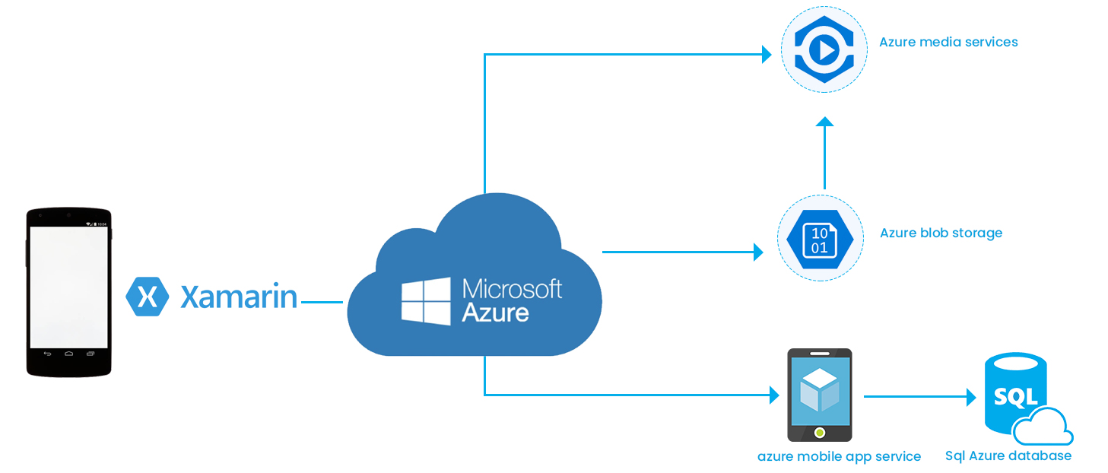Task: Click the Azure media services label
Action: pos(948,43)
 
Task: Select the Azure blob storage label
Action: pos(941,233)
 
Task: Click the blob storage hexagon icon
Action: pos(820,239)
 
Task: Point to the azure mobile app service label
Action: pos(839,457)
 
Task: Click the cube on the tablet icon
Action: pos(819,391)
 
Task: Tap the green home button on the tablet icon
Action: pos(819,433)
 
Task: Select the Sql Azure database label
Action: pos(1008,456)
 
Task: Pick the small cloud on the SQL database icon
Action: pos(1043,428)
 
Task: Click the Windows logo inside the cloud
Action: pos(427,302)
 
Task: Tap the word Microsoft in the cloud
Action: pos(512,290)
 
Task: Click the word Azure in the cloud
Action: pos(495,313)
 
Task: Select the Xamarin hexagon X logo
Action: pos(147,296)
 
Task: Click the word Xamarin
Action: pos(239,297)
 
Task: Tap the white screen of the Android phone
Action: pos(68,287)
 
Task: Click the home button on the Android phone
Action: pos(68,354)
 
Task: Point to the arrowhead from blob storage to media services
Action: pos(824,122)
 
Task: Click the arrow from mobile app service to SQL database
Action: pos(920,396)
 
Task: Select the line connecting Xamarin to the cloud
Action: pos(322,302)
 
